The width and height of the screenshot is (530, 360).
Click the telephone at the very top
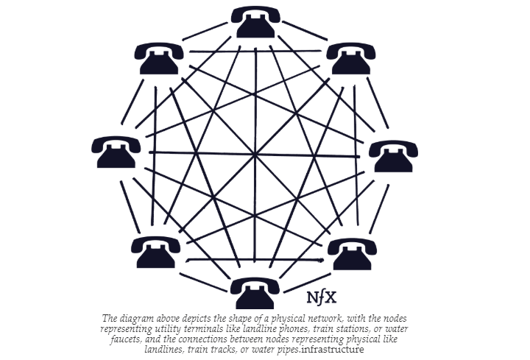(x=255, y=22)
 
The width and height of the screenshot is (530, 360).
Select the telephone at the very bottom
(x=255, y=294)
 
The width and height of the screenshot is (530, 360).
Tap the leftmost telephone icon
(x=116, y=152)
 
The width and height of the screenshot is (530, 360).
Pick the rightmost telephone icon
(x=393, y=157)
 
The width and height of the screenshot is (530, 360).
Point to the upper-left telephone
(x=159, y=58)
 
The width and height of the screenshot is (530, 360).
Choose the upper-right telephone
(x=351, y=58)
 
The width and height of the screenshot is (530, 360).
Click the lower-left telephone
(x=156, y=253)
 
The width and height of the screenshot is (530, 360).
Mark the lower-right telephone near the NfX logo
(x=352, y=254)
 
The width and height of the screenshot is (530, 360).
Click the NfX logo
(x=322, y=298)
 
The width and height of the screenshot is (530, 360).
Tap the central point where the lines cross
(x=255, y=155)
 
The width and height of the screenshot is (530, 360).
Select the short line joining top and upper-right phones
(x=305, y=30)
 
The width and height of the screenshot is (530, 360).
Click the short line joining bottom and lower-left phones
(x=203, y=282)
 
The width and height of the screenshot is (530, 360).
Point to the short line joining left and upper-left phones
(x=132, y=102)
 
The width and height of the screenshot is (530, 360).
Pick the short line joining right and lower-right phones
(x=379, y=209)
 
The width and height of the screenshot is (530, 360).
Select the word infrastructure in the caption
(x=332, y=349)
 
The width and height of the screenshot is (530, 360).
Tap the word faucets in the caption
(x=125, y=339)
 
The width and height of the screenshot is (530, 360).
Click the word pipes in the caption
(x=289, y=350)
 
